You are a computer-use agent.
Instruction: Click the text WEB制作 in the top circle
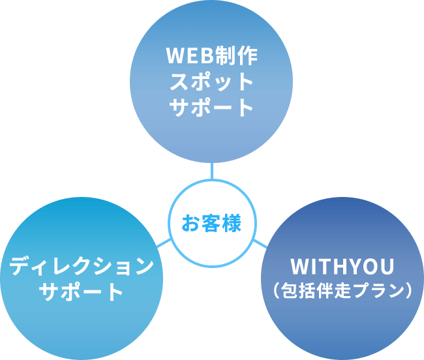tap(212, 55)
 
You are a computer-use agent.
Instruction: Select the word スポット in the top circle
tap(212, 82)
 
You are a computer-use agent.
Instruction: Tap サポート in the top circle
tap(212, 107)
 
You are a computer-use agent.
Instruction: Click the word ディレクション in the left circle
tap(82, 265)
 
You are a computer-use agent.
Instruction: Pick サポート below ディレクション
tap(82, 292)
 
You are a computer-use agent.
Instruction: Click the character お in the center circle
tap(189, 224)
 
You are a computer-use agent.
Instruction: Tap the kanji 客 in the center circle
tap(211, 224)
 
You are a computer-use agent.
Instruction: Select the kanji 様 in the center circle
tap(232, 224)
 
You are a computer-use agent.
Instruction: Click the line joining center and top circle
tap(212, 170)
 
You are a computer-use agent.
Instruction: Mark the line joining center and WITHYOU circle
tap(259, 243)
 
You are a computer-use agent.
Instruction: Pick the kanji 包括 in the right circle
tap(300, 290)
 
